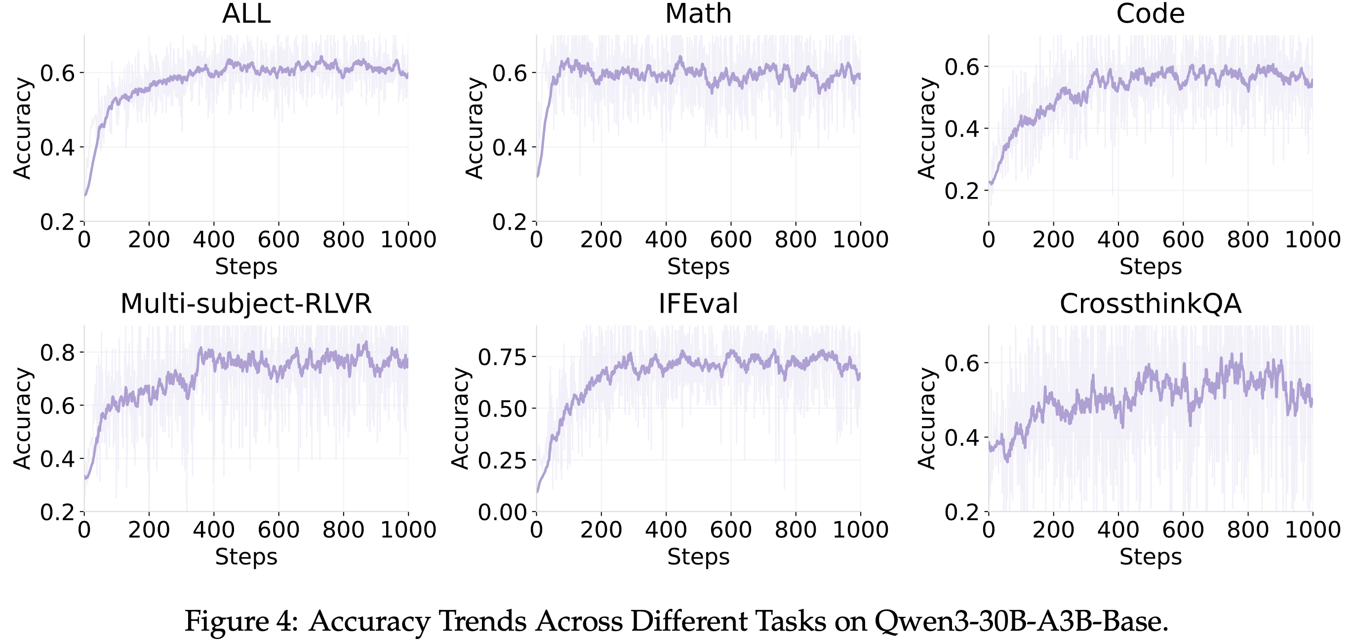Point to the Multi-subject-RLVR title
pos(246,303)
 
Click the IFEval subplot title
pos(698,303)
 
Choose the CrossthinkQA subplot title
pos(1150,303)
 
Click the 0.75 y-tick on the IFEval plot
pos(503,357)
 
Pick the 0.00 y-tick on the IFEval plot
pos(503,512)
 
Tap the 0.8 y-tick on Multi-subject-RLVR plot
pos(57,352)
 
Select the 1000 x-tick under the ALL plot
pos(408,240)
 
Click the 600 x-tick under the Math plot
pos(731,240)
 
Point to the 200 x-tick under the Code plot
pos(1053,240)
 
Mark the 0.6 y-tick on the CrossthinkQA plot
pos(962,363)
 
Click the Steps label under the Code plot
pos(1151,267)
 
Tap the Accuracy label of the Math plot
pos(475,128)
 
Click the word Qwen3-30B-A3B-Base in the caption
pos(1021,621)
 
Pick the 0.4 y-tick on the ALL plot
pos(57,147)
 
